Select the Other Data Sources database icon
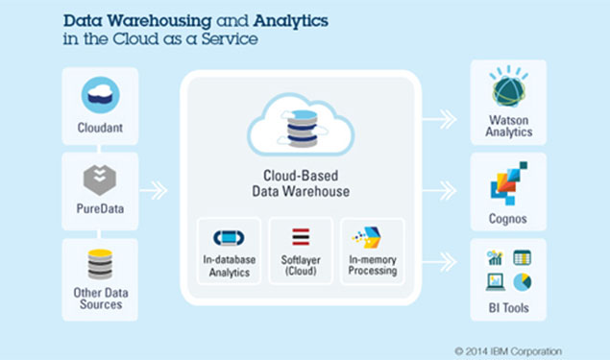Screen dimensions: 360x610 click(100, 264)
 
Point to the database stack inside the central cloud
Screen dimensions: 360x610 click(301, 129)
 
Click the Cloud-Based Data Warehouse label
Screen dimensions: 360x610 click(301, 183)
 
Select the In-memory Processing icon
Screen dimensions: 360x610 click(371, 238)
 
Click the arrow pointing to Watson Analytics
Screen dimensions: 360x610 click(440, 119)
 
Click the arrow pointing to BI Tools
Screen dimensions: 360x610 click(440, 258)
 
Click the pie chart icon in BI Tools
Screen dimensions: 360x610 click(522, 282)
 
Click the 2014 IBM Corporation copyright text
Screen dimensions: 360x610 click(508, 350)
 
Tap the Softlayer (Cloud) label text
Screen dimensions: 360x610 click(301, 267)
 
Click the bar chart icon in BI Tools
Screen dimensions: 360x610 click(496, 258)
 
